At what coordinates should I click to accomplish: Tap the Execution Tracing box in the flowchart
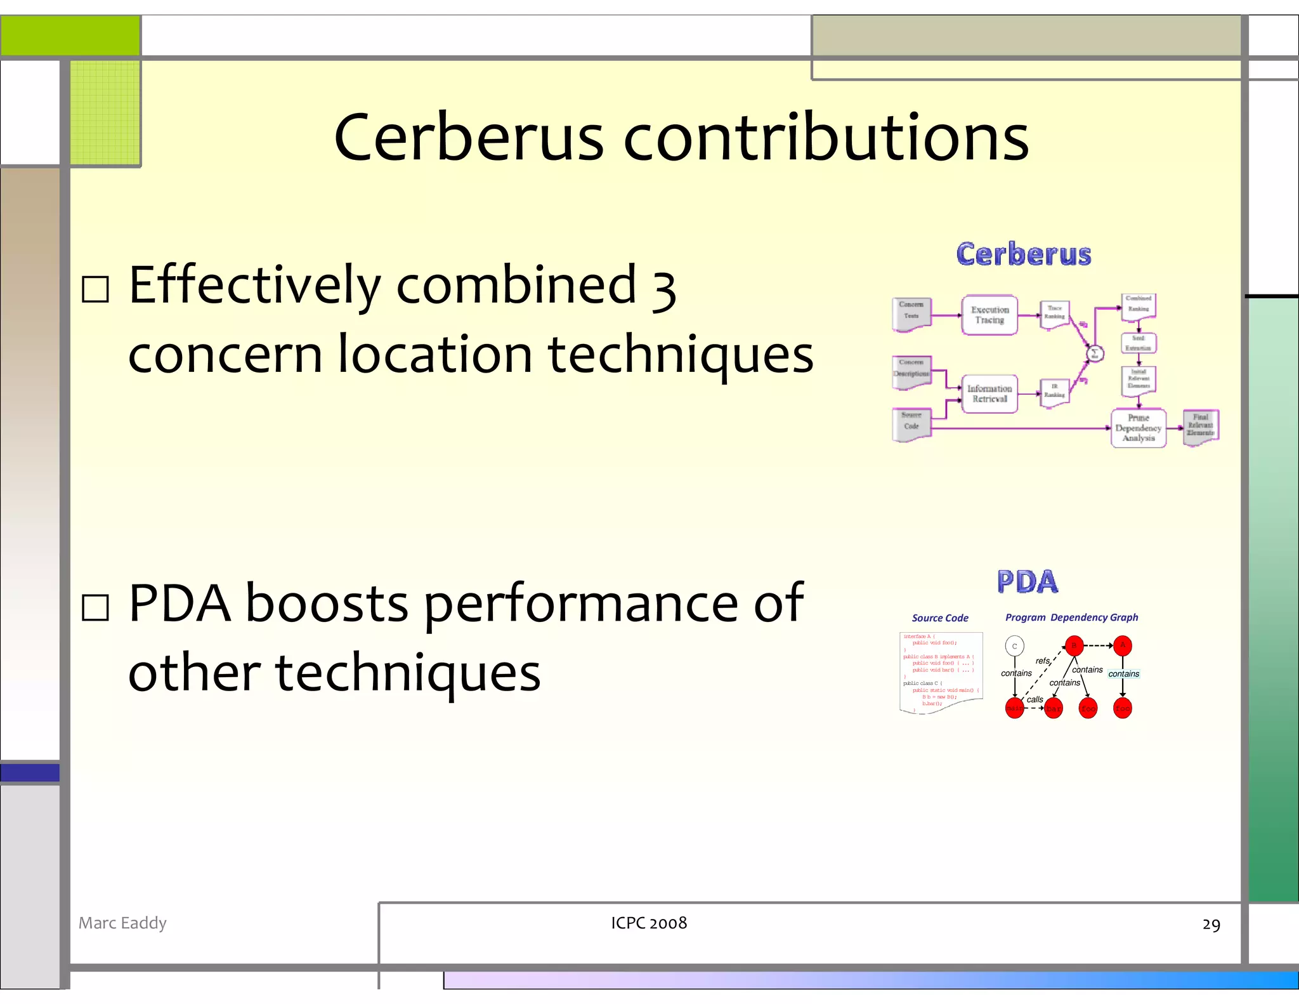[989, 315]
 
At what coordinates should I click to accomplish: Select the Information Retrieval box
[989, 393]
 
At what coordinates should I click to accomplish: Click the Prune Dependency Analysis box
[1138, 428]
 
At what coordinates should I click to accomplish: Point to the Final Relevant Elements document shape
[1200, 426]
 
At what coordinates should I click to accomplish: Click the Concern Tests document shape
[911, 312]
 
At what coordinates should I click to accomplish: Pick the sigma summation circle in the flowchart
[1095, 353]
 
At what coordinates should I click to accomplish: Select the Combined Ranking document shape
[1139, 305]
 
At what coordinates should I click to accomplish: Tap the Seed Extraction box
[1139, 343]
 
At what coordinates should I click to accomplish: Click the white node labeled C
[1014, 646]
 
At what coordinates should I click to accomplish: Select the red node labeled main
[1014, 708]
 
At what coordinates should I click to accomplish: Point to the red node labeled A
[1122, 645]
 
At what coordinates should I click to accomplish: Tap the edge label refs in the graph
[1043, 661]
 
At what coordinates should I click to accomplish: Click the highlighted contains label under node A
[1123, 674]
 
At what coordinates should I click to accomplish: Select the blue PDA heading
[1027, 581]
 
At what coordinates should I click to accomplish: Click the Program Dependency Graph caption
[1071, 618]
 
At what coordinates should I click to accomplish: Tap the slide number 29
[1211, 925]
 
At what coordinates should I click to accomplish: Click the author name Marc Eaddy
[122, 923]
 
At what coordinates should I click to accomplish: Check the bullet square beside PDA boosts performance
[96, 607]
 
